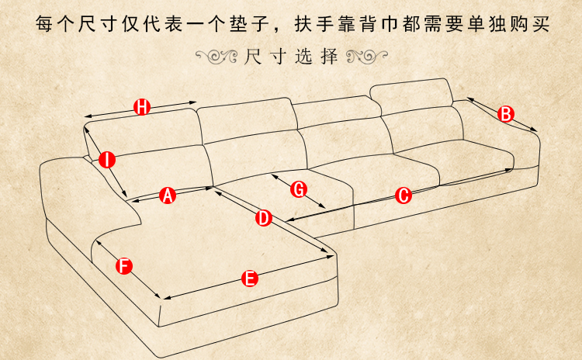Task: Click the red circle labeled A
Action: [168, 196]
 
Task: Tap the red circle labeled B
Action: [506, 114]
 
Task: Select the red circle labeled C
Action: [403, 196]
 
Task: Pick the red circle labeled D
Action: [264, 218]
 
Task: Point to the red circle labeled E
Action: [250, 279]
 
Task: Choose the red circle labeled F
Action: [124, 266]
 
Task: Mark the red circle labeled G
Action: [299, 189]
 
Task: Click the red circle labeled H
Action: [142, 107]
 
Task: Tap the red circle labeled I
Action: [107, 160]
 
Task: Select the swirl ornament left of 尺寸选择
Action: [217, 57]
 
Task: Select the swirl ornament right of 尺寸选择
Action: [367, 57]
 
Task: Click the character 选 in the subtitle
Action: [303, 57]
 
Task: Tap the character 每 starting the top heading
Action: [44, 23]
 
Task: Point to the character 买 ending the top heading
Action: [541, 23]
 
